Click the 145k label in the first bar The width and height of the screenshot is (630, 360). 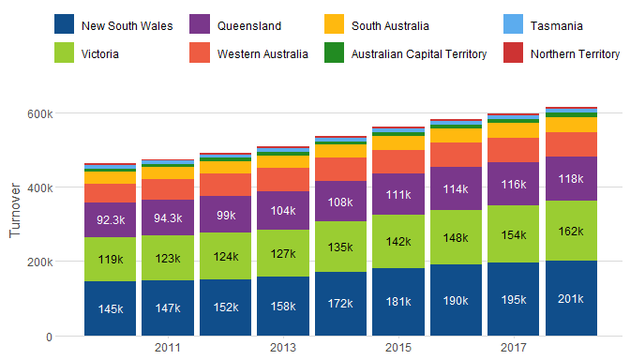coord(111,309)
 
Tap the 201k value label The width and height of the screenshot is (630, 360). coord(571,299)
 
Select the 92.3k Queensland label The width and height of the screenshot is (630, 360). coord(111,220)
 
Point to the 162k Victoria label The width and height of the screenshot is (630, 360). coord(571,232)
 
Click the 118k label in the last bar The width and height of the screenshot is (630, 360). coord(571,179)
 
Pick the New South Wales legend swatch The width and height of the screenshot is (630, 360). coord(65,24)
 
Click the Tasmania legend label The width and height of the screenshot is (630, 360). coord(557,26)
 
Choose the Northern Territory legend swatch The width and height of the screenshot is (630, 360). coord(513,52)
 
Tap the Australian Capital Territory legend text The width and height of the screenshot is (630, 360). coord(419,54)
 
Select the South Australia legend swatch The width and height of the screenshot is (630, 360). coord(335,24)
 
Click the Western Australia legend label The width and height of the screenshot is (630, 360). coord(262,54)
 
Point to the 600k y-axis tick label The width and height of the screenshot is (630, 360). coord(39,114)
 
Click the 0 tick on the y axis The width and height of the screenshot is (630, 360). coord(49,337)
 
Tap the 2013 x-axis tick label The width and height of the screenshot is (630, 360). coord(283,347)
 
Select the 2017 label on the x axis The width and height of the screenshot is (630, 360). coord(513,347)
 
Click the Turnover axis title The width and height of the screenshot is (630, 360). coord(15,211)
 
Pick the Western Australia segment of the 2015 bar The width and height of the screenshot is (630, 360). coord(398,162)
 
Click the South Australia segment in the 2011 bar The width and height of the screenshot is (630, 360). coord(168,172)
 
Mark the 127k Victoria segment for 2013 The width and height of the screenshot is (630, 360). coord(283,253)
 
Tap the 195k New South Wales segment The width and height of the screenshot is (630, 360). coord(513,299)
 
